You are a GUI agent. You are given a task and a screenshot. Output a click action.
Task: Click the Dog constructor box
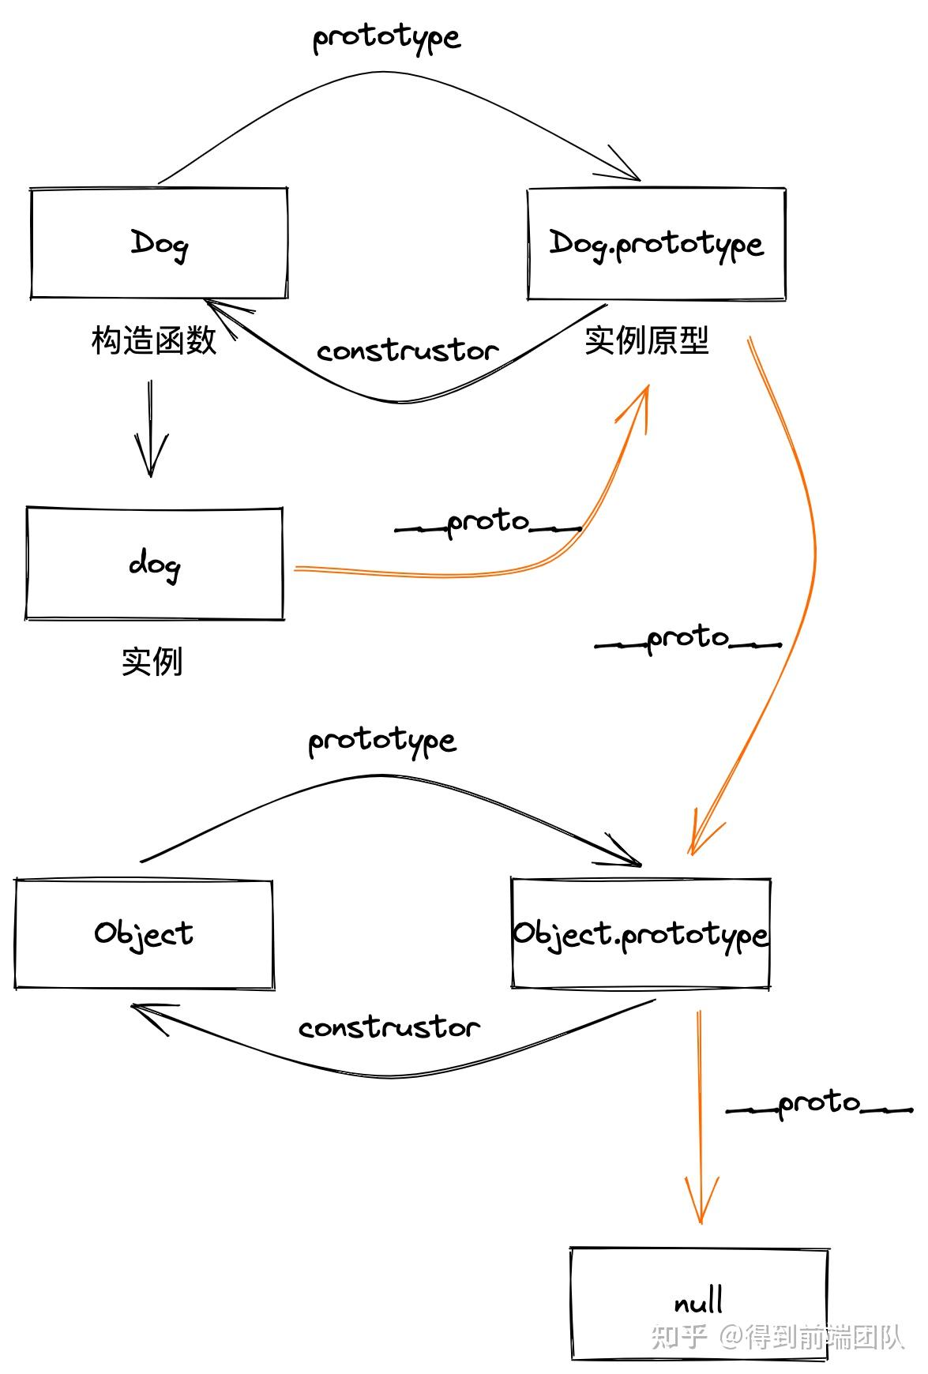pyautogui.click(x=159, y=243)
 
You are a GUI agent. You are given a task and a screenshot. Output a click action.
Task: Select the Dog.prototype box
pyautogui.click(x=656, y=244)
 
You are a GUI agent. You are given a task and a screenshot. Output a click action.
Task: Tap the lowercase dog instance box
pyautogui.click(x=155, y=564)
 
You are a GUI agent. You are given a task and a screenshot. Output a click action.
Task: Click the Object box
pyautogui.click(x=144, y=934)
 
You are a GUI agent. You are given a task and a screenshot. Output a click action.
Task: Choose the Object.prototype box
pyautogui.click(x=641, y=934)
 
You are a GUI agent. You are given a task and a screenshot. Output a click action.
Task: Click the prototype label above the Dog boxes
pyautogui.click(x=386, y=38)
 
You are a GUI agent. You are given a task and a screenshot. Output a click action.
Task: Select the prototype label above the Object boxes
pyautogui.click(x=382, y=741)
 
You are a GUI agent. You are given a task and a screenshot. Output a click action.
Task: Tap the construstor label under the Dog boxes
pyautogui.click(x=408, y=351)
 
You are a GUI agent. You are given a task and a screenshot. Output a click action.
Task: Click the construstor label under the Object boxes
pyautogui.click(x=389, y=1027)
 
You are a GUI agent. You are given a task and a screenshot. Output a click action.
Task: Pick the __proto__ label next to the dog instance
pyautogui.click(x=488, y=524)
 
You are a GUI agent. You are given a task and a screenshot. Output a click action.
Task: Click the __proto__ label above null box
pyautogui.click(x=819, y=1104)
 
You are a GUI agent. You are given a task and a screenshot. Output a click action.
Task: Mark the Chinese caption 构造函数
pyautogui.click(x=154, y=340)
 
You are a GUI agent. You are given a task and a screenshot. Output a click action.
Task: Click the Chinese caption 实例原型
pyautogui.click(x=647, y=340)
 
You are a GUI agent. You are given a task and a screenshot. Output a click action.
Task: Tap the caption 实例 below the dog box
pyautogui.click(x=152, y=661)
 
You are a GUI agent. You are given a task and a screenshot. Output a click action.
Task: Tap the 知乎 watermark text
pyautogui.click(x=678, y=1336)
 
